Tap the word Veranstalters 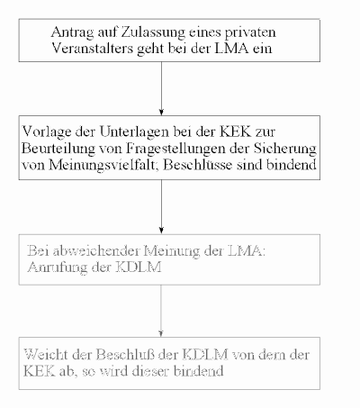coord(92,48)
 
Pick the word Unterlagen coord(134,132)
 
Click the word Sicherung coord(285,149)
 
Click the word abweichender coord(96,250)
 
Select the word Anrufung coord(58,267)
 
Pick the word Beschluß coord(126,355)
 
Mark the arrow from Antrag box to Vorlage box coord(161,88)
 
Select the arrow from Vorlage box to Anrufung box coord(161,207)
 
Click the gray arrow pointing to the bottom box coord(161,311)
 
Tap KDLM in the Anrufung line coord(139,267)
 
